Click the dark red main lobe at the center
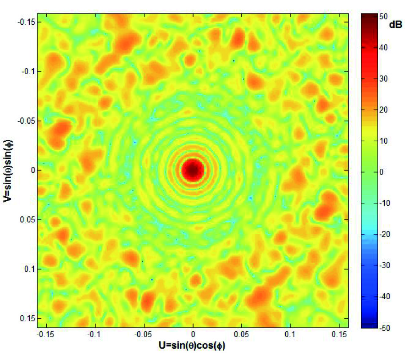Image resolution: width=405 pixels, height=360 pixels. click(x=193, y=170)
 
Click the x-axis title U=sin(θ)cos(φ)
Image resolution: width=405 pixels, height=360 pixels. click(x=193, y=346)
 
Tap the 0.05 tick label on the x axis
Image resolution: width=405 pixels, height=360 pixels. click(x=242, y=336)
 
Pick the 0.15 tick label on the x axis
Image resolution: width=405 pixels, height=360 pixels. click(x=341, y=336)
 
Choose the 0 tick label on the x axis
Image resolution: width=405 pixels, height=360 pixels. click(x=193, y=336)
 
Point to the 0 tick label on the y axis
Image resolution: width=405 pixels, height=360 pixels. click(x=32, y=170)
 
